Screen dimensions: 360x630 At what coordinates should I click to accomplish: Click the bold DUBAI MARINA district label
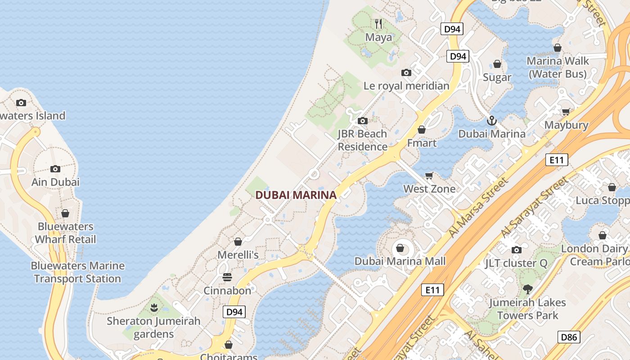pos(296,195)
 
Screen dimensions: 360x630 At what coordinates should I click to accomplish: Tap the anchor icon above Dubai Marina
pos(492,120)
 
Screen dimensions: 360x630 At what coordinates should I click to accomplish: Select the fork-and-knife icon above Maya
pos(378,23)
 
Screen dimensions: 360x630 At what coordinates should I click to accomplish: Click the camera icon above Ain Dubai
pos(55,169)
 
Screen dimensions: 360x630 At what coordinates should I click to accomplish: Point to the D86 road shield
pos(569,337)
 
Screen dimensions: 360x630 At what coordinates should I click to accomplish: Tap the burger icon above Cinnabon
pos(227,277)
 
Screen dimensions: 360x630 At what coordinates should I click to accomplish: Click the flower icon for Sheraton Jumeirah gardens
pos(154,308)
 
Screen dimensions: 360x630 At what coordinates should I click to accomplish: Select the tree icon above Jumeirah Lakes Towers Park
pos(527,289)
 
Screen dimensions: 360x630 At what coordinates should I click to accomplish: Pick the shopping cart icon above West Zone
pos(429,175)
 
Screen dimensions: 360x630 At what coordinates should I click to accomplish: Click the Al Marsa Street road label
pos(478,207)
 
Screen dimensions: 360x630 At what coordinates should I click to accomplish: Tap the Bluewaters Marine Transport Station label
pos(77,272)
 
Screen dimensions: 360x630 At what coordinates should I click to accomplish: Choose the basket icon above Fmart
pos(422,130)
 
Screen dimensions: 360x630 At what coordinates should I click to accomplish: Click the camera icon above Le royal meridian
pos(406,72)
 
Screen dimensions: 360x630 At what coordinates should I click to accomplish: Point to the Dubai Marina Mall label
pos(400,261)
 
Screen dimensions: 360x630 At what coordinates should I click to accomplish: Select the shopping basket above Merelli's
pos(238,242)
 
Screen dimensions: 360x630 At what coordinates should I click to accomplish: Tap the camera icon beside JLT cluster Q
pos(516,250)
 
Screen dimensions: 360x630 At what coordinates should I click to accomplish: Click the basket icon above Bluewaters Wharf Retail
pos(65,213)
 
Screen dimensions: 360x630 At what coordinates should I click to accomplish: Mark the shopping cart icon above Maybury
pos(566,111)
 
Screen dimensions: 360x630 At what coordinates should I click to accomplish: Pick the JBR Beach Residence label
pos(362,140)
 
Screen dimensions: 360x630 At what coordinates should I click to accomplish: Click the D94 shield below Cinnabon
pos(234,312)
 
